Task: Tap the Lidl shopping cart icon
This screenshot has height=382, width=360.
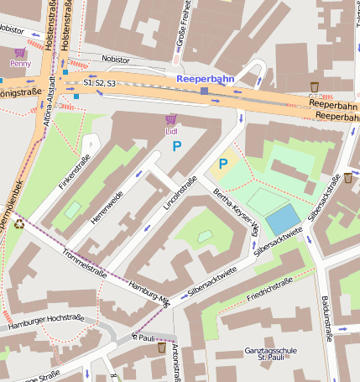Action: point(171,119)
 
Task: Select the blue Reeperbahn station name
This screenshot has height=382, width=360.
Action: point(206,78)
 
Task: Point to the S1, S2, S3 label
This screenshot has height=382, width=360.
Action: point(99,83)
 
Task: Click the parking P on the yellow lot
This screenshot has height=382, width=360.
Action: point(223,163)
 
